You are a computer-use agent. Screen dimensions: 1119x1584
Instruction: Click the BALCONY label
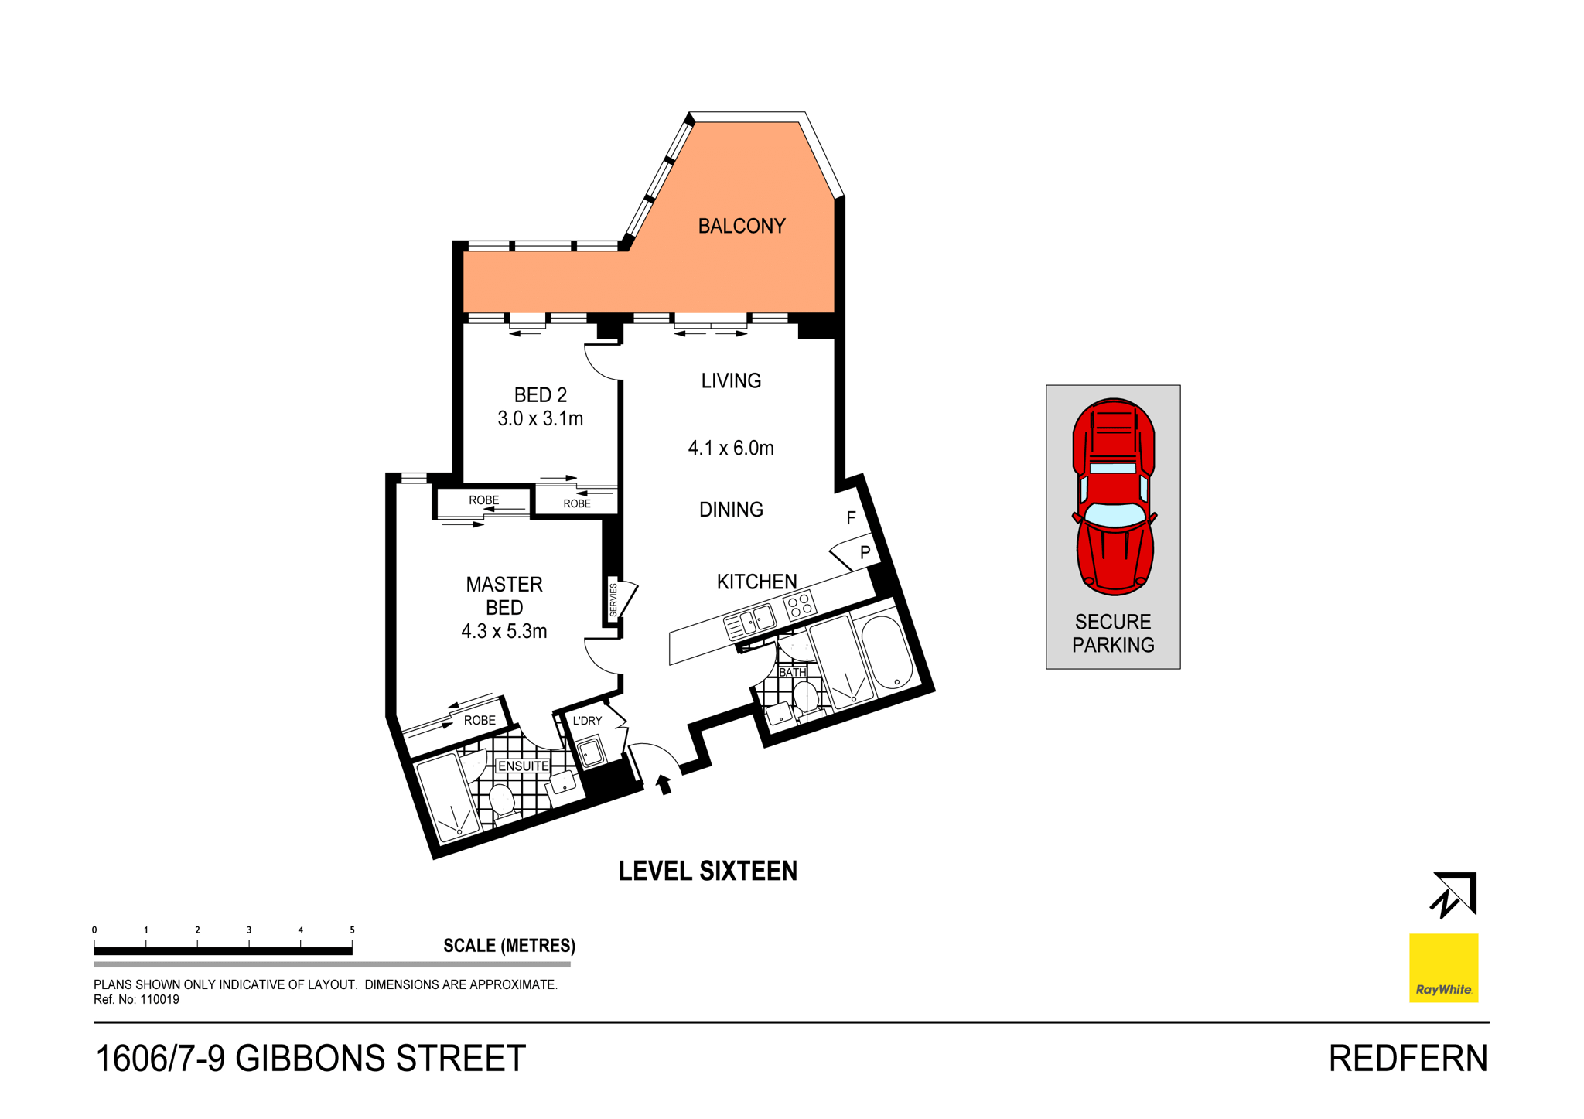tap(741, 226)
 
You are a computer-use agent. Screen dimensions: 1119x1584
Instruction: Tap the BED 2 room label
tap(540, 395)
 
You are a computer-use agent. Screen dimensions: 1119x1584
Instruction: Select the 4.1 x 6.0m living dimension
tap(730, 448)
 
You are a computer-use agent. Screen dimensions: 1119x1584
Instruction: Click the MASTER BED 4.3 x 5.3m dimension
tap(504, 631)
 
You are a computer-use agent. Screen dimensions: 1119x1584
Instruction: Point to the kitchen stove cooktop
tap(799, 605)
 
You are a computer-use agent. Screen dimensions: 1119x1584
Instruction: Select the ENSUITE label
tap(523, 766)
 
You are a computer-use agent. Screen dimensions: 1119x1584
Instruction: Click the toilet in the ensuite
tap(501, 800)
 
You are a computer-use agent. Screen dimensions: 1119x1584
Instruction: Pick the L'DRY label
tap(587, 720)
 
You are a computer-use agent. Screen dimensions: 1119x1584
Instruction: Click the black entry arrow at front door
tap(663, 784)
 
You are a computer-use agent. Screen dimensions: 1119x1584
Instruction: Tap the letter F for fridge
tap(851, 518)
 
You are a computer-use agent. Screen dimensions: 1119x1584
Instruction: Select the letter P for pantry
tap(865, 552)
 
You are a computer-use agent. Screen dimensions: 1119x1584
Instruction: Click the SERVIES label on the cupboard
tap(613, 600)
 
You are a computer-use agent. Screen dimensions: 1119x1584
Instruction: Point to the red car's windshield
tap(1115, 513)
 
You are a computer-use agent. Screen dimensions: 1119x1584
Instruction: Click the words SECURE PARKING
tap(1112, 633)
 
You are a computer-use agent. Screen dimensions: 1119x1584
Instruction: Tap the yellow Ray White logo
tap(1442, 967)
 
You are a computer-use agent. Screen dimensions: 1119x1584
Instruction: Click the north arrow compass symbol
tap(1453, 896)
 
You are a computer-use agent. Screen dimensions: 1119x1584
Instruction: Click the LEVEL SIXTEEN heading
tap(707, 871)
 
